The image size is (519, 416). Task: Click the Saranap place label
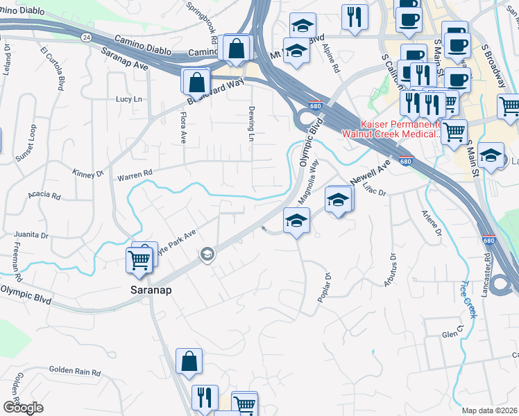pyautogui.click(x=151, y=290)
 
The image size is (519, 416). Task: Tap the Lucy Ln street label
pyautogui.click(x=128, y=99)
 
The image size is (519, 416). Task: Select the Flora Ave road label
pyautogui.click(x=183, y=128)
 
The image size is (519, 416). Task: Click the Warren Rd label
pyautogui.click(x=134, y=176)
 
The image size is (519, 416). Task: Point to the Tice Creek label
pyautogui.click(x=469, y=299)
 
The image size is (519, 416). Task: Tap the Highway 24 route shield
pyautogui.click(x=85, y=37)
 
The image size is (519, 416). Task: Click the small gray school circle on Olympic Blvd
pyautogui.click(x=206, y=255)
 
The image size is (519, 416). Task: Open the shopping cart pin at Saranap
pyautogui.click(x=139, y=261)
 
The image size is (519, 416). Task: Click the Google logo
pyautogui.click(x=23, y=408)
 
